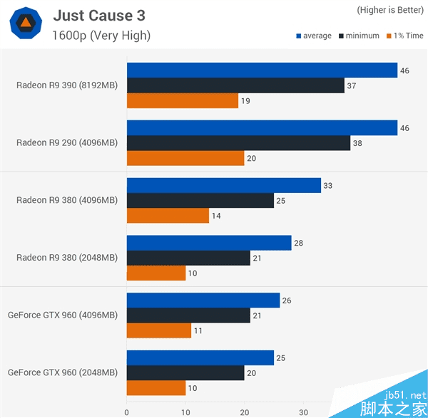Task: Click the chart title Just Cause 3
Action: click(x=103, y=16)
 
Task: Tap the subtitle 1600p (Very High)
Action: click(x=101, y=36)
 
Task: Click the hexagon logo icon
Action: click(x=25, y=24)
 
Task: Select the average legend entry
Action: click(x=314, y=36)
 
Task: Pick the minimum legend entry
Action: click(x=359, y=36)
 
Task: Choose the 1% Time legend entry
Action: click(x=404, y=36)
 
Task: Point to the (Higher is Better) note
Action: click(x=389, y=10)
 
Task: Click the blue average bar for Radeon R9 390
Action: click(x=262, y=70)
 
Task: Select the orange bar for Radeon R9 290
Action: click(x=185, y=158)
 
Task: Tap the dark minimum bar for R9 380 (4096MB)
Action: click(x=200, y=201)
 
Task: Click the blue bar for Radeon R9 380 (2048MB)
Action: click(x=209, y=243)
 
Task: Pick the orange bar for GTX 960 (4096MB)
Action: click(x=159, y=330)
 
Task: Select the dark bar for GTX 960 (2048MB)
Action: click(x=185, y=373)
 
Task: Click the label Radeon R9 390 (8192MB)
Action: click(x=66, y=85)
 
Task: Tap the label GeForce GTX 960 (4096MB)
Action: click(x=62, y=315)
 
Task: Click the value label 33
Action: click(x=328, y=186)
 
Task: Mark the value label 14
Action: click(x=216, y=216)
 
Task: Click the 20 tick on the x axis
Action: click(x=245, y=412)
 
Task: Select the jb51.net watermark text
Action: click(x=402, y=395)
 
